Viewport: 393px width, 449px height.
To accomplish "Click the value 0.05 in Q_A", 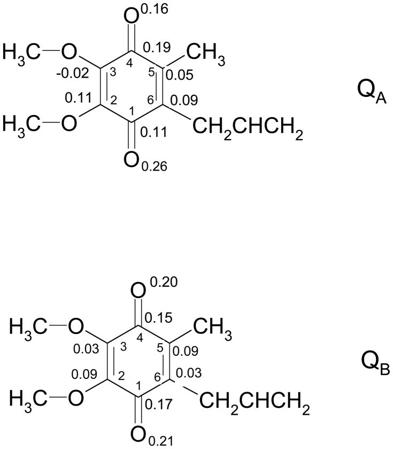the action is click(179, 75).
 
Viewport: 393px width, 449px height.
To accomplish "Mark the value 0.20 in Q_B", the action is click(163, 283).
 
